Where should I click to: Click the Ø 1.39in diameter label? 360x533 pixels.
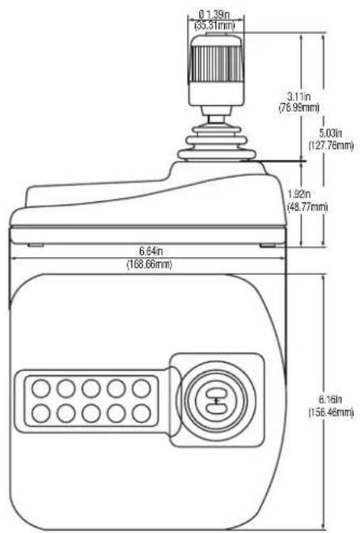[x=214, y=15]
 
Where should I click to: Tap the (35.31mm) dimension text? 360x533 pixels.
[x=214, y=25]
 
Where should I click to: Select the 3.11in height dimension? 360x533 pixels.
[x=299, y=96]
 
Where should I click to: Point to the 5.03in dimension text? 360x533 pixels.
[x=331, y=133]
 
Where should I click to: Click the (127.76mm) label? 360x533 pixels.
[x=331, y=145]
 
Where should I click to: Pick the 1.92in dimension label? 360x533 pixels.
[x=299, y=194]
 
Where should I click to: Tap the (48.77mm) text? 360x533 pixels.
[x=307, y=207]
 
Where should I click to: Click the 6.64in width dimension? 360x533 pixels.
[x=151, y=252]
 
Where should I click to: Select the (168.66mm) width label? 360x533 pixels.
[x=150, y=264]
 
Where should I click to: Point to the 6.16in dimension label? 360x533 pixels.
[x=331, y=399]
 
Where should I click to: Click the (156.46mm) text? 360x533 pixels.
[x=331, y=412]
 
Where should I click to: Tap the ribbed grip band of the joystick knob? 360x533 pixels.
[x=217, y=64]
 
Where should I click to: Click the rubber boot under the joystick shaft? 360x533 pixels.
[x=217, y=144]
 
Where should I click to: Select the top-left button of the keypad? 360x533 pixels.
[x=40, y=388]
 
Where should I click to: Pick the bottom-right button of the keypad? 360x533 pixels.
[x=142, y=413]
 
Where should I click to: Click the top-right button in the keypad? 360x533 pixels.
[x=142, y=388]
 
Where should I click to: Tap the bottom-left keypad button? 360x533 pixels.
[x=40, y=413]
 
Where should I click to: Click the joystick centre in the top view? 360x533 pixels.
[x=217, y=401]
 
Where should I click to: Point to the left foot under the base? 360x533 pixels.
[x=36, y=245]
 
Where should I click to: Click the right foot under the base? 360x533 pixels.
[x=268, y=245]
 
